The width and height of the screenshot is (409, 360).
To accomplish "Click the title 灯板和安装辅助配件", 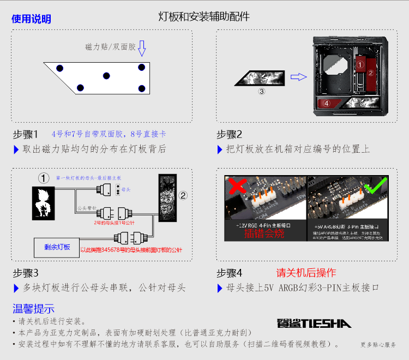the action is click(204, 17).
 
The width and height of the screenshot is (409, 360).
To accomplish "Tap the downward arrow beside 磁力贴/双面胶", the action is click(142, 48).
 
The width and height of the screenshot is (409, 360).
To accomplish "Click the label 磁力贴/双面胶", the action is click(110, 47).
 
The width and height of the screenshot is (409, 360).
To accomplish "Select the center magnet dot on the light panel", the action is click(106, 75).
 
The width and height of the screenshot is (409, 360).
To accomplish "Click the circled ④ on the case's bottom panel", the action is click(327, 103).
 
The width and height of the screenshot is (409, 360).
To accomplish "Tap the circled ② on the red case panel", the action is click(370, 72).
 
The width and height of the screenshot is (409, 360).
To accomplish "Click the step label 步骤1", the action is click(26, 134).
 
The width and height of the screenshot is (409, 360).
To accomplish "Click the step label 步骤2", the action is click(229, 134).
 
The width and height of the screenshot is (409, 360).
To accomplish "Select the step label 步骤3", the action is click(26, 273).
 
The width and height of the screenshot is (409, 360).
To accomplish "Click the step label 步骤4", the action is click(229, 273).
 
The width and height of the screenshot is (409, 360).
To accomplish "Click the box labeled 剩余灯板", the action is click(57, 247).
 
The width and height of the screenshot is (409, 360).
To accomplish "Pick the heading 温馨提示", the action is click(33, 308).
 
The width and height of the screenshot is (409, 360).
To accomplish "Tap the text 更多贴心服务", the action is click(378, 345).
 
